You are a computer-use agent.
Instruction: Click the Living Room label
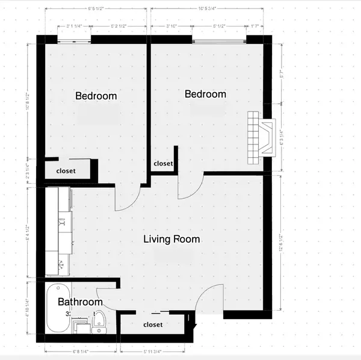coord(171,239)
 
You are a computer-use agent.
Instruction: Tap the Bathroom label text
coord(80,302)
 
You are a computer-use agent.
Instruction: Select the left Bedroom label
coord(96,96)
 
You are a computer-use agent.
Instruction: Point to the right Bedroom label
coord(205,94)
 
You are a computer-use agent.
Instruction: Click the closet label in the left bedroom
coord(66,170)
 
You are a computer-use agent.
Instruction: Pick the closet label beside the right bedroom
coord(163,163)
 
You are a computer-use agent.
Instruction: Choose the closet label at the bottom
coord(153,324)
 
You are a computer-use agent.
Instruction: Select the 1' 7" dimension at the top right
coord(255,26)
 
